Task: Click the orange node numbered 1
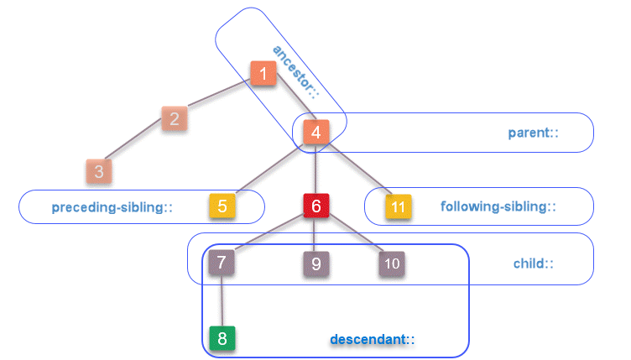tap(263, 74)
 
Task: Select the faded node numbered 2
tap(174, 118)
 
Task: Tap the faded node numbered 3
tap(98, 172)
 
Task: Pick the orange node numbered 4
tap(315, 132)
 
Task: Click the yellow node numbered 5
tap(222, 206)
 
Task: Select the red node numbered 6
tap(315, 206)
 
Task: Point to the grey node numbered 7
tap(222, 263)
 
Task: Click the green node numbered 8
tap(222, 339)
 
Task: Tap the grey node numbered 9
tap(315, 263)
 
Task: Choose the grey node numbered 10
tap(392, 263)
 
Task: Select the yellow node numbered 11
tap(399, 206)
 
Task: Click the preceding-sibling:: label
tap(112, 206)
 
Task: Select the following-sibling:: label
tap(498, 206)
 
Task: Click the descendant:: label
tap(373, 339)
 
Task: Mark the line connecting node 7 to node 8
tap(222, 301)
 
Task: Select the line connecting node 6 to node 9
tap(315, 235)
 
